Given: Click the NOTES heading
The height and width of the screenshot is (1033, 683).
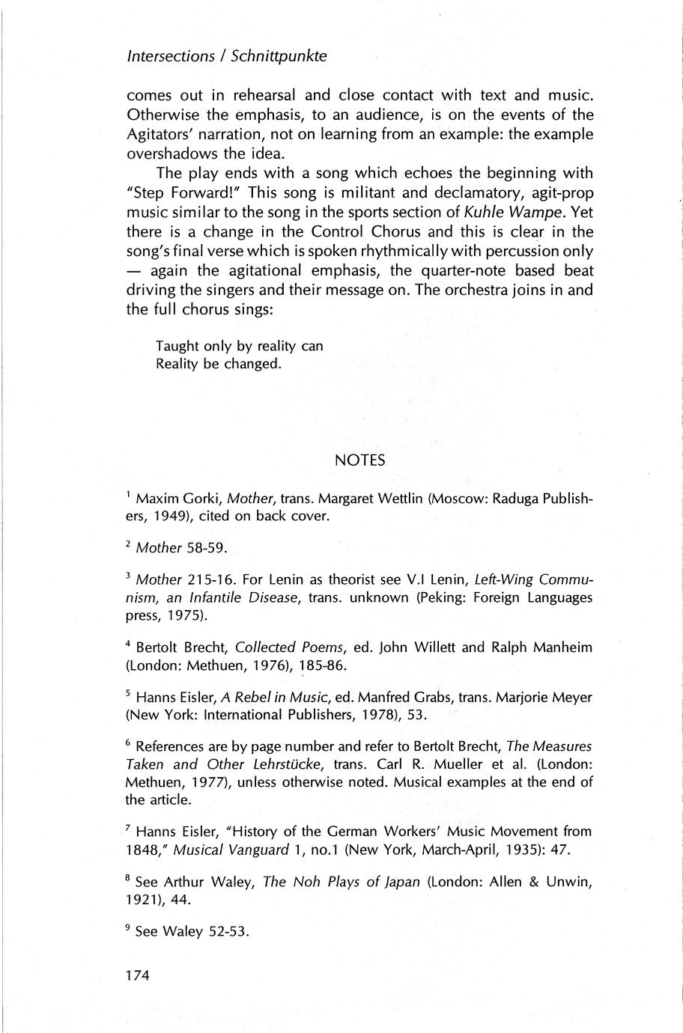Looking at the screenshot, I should pos(360,460).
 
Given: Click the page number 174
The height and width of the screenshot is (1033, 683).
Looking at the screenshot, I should pos(139,975).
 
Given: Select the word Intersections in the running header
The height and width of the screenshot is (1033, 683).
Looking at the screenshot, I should pos(171,56).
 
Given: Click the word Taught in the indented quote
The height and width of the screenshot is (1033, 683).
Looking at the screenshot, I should pos(177,346).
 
